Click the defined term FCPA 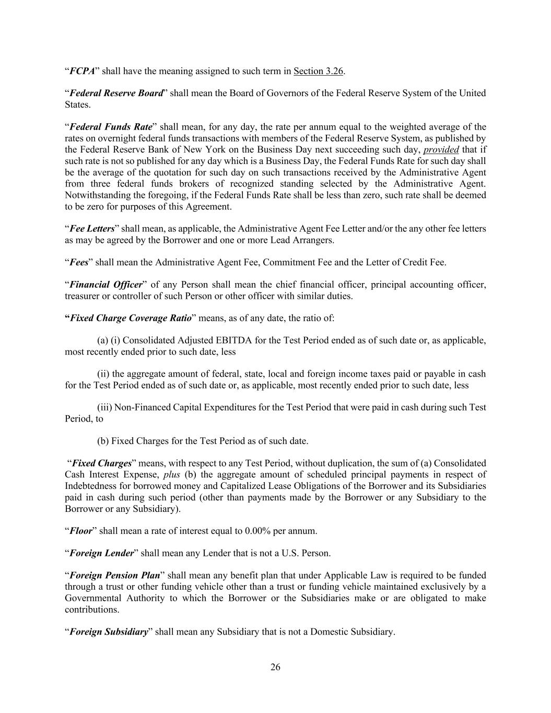tap(82, 71)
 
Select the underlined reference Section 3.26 tap(318, 71)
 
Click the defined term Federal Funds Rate tap(111, 127)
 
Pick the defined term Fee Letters tap(92, 229)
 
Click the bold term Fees tap(79, 262)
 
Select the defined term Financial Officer tap(106, 285)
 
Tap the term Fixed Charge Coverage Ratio tap(131, 318)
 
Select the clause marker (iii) tap(104, 407)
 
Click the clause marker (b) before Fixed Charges tap(103, 441)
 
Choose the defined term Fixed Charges tap(101, 463)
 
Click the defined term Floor tap(81, 531)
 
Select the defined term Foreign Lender tap(102, 553)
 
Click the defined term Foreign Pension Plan tap(115, 576)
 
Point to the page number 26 tap(275, 667)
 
